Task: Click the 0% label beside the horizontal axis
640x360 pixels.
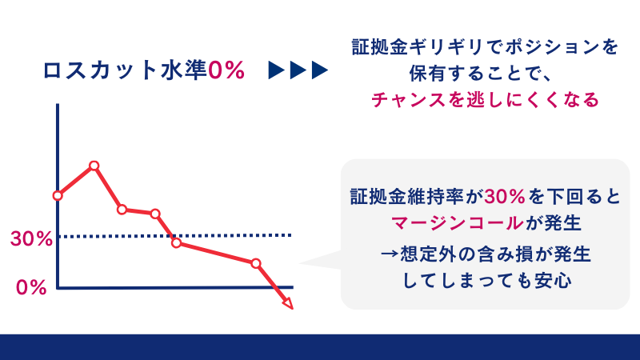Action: click(31, 288)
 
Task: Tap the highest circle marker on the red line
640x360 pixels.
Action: click(94, 166)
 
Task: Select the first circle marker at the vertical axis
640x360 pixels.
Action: click(58, 195)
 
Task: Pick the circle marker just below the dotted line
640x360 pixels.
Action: click(176, 243)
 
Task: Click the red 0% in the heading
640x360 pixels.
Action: click(225, 70)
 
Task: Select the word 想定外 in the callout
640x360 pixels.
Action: click(433, 254)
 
